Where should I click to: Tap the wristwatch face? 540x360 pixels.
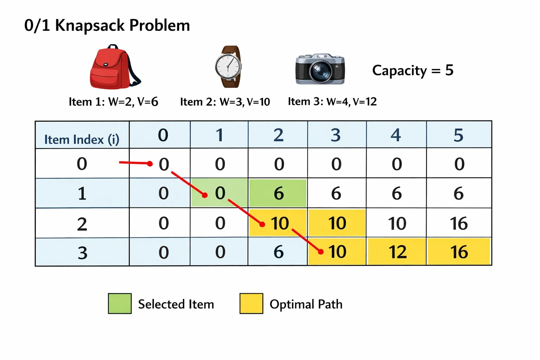[x=228, y=66]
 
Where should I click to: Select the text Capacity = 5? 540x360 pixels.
[x=413, y=70]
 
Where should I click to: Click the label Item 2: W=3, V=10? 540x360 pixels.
[x=225, y=102]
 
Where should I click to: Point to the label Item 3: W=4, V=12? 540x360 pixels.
[x=332, y=102]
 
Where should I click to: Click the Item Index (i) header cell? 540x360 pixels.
[x=82, y=135]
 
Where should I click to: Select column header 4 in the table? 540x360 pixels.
[x=396, y=135]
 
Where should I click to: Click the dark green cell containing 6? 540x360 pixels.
[x=278, y=193]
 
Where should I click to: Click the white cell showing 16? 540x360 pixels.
[x=459, y=223]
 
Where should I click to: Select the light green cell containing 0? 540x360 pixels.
[x=219, y=193]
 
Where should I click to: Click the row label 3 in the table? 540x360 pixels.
[x=83, y=253]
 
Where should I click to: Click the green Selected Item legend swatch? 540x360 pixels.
[x=120, y=303]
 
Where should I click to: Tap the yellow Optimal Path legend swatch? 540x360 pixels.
[x=251, y=303]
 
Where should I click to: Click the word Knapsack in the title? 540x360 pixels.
[x=90, y=26]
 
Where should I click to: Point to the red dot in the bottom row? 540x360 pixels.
[x=321, y=252]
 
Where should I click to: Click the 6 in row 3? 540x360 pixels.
[x=278, y=252]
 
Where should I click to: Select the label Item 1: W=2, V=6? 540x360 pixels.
[x=113, y=102]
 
